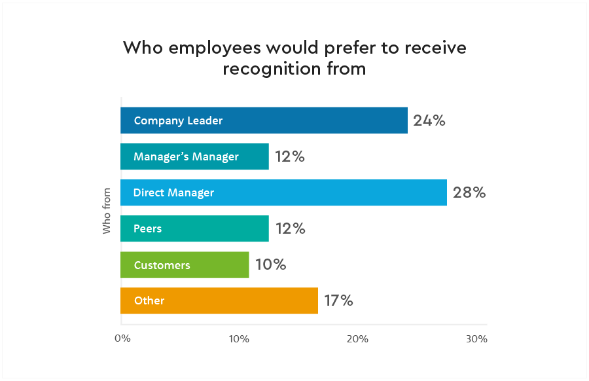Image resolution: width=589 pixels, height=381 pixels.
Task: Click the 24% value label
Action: tap(429, 120)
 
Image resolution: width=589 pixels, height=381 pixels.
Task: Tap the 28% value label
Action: tap(469, 192)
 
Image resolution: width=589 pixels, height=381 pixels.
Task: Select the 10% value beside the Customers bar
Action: tap(271, 264)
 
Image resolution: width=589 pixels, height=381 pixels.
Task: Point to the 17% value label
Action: tap(338, 300)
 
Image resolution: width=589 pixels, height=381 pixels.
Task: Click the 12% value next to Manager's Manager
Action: tap(290, 156)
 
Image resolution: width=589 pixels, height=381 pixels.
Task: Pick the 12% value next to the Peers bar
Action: tap(290, 228)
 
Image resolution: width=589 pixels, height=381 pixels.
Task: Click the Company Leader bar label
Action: tap(178, 120)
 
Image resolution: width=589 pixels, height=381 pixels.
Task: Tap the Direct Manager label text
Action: tap(173, 192)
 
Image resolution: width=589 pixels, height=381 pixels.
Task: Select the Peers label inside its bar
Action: tap(147, 228)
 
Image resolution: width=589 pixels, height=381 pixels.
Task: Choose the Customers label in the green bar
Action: tap(162, 265)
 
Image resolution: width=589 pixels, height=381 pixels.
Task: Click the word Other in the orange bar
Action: tap(149, 301)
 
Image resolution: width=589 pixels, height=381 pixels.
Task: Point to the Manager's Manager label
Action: tap(186, 156)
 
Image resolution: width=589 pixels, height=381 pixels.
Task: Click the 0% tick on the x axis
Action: tap(122, 339)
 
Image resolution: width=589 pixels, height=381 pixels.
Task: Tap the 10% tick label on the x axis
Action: tap(239, 339)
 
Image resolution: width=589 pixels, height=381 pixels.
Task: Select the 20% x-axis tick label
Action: tap(357, 339)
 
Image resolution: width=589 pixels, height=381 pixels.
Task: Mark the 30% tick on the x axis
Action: tap(476, 339)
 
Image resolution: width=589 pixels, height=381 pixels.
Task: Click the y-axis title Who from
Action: tap(107, 211)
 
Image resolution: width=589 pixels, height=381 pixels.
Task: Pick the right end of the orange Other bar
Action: tap(317, 300)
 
